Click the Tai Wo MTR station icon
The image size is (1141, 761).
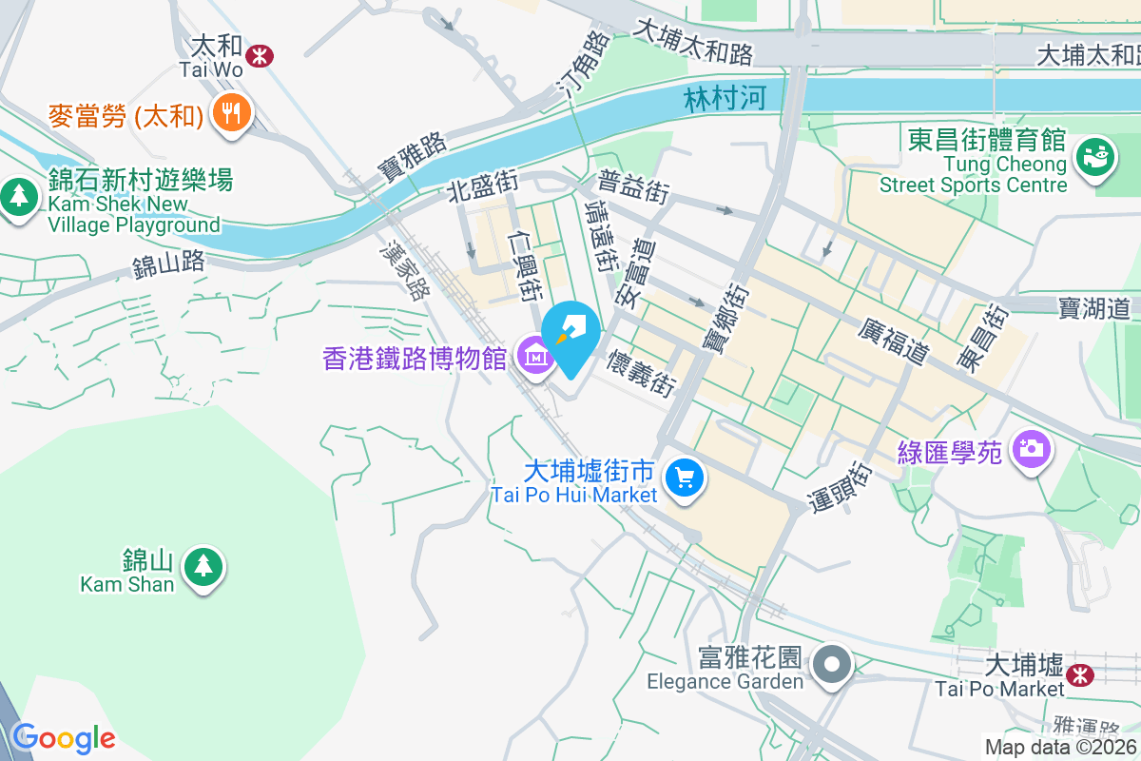coord(258,55)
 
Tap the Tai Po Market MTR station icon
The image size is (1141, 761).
coord(1079,674)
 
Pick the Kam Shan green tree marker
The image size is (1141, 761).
coord(201,566)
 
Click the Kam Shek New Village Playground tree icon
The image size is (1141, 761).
coord(18,197)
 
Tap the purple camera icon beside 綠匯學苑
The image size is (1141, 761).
coord(1031,447)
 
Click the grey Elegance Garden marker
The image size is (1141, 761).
coord(834,663)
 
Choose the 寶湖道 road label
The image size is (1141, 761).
coord(1093,307)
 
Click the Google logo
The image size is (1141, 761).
coord(63,737)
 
